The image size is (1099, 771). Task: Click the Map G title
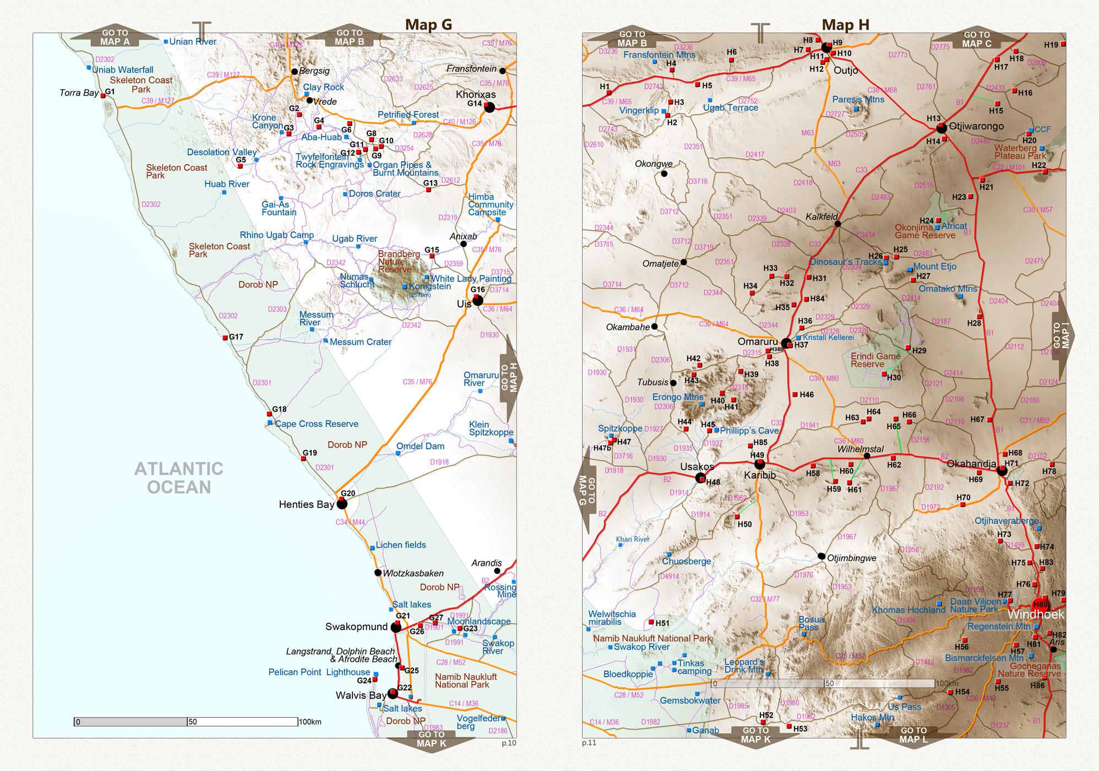point(428,24)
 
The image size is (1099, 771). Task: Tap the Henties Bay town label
point(306,504)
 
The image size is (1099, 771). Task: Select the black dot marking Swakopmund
point(396,627)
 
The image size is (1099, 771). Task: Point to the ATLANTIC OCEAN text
point(179,478)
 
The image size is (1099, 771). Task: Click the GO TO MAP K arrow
point(431,739)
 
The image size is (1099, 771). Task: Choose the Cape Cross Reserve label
point(316,424)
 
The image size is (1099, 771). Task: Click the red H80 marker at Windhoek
point(1040,604)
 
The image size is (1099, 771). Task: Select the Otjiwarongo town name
point(976,126)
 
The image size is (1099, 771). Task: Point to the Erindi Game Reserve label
point(875,360)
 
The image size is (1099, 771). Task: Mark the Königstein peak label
point(429,286)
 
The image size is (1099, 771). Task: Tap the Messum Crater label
point(360,342)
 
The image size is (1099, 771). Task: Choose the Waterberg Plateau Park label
point(1020,152)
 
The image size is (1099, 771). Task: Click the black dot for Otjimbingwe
point(821,556)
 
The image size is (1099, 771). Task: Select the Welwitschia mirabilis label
point(612,618)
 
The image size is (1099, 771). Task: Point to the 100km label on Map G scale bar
point(310,722)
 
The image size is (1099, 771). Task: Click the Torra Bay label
point(79,93)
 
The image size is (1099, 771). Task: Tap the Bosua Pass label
point(812,623)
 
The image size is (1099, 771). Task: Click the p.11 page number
point(589,743)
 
